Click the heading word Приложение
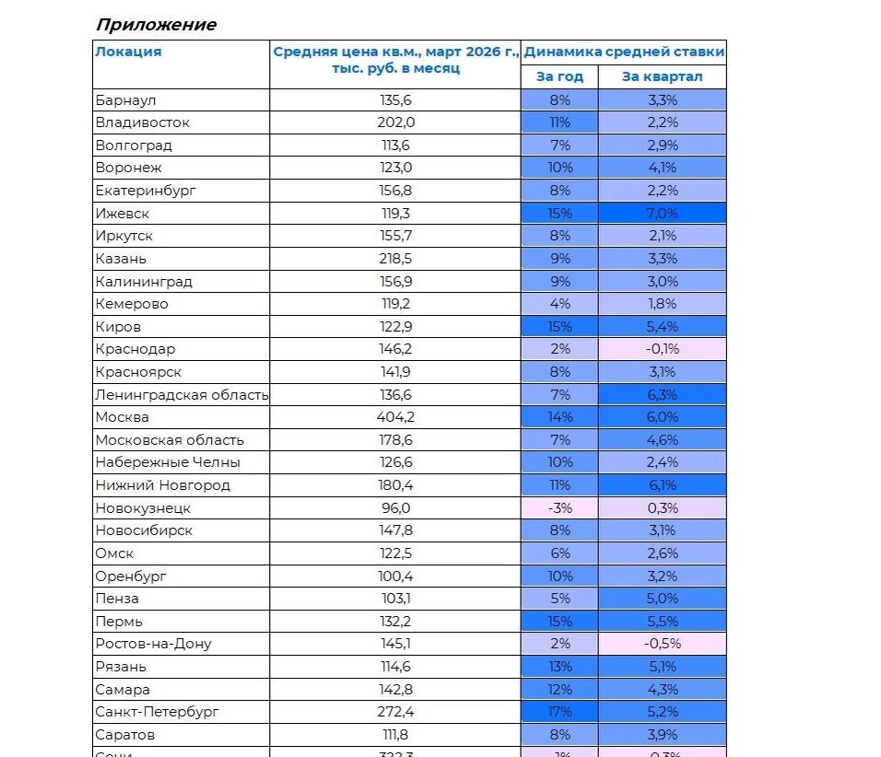point(156,25)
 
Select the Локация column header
point(128,52)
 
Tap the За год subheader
point(559,76)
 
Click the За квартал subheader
point(662,76)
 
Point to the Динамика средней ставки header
point(624,52)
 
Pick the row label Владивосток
point(142,122)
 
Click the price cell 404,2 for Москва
point(396,417)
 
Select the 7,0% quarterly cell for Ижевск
point(662,213)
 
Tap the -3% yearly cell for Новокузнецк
point(559,507)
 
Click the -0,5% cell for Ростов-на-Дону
point(662,644)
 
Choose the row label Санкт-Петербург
point(159,712)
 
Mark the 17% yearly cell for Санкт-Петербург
point(559,712)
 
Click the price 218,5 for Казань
point(396,259)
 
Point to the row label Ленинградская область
point(182,395)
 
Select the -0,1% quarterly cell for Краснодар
point(662,349)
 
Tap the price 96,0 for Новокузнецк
point(396,507)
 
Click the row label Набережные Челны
point(168,462)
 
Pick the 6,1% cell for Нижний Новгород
point(662,485)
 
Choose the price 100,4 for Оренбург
point(396,576)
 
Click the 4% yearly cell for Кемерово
point(559,304)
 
